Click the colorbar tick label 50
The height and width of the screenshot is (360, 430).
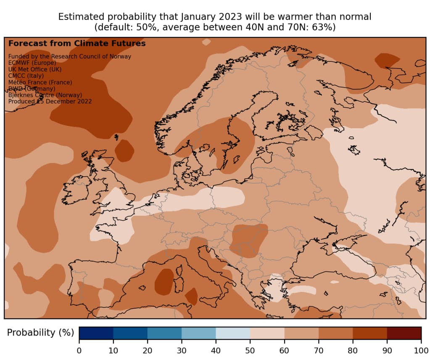coord(250,350)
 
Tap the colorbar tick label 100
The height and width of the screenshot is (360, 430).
coord(421,350)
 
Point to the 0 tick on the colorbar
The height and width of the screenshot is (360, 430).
coord(79,350)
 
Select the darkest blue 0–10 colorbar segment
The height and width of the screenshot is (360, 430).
coord(96,333)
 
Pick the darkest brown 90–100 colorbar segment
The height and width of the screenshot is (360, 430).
coord(404,333)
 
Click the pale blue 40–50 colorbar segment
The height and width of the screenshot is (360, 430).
coord(233,333)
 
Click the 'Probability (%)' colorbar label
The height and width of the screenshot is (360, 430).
coord(40,333)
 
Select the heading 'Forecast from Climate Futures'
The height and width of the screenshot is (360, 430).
coord(77,43)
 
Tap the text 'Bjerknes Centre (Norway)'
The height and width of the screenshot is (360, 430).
coord(45,95)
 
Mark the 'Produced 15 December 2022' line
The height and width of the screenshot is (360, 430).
coord(50,101)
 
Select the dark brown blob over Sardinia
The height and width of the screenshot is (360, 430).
coord(164,282)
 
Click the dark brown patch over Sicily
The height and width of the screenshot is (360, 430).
coord(192,296)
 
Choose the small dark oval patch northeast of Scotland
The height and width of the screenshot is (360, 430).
coord(124,150)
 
